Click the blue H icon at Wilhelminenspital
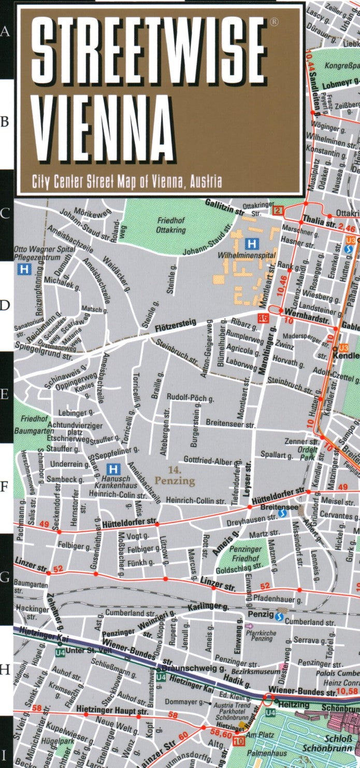[x=252, y=243]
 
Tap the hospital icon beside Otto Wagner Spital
[x=23, y=269]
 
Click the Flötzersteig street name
[x=176, y=324]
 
